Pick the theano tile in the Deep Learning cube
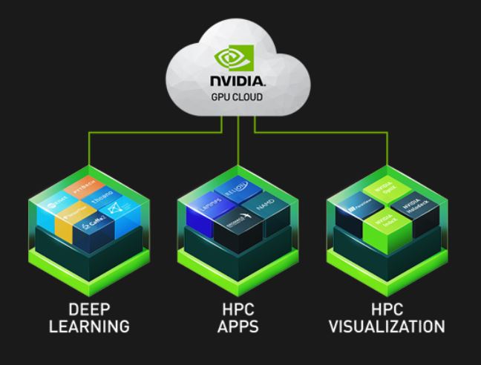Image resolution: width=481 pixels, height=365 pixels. [x=102, y=198]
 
